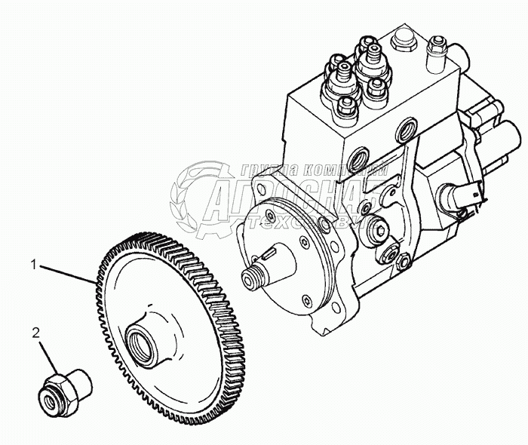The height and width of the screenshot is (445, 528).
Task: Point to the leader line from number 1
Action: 68,273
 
